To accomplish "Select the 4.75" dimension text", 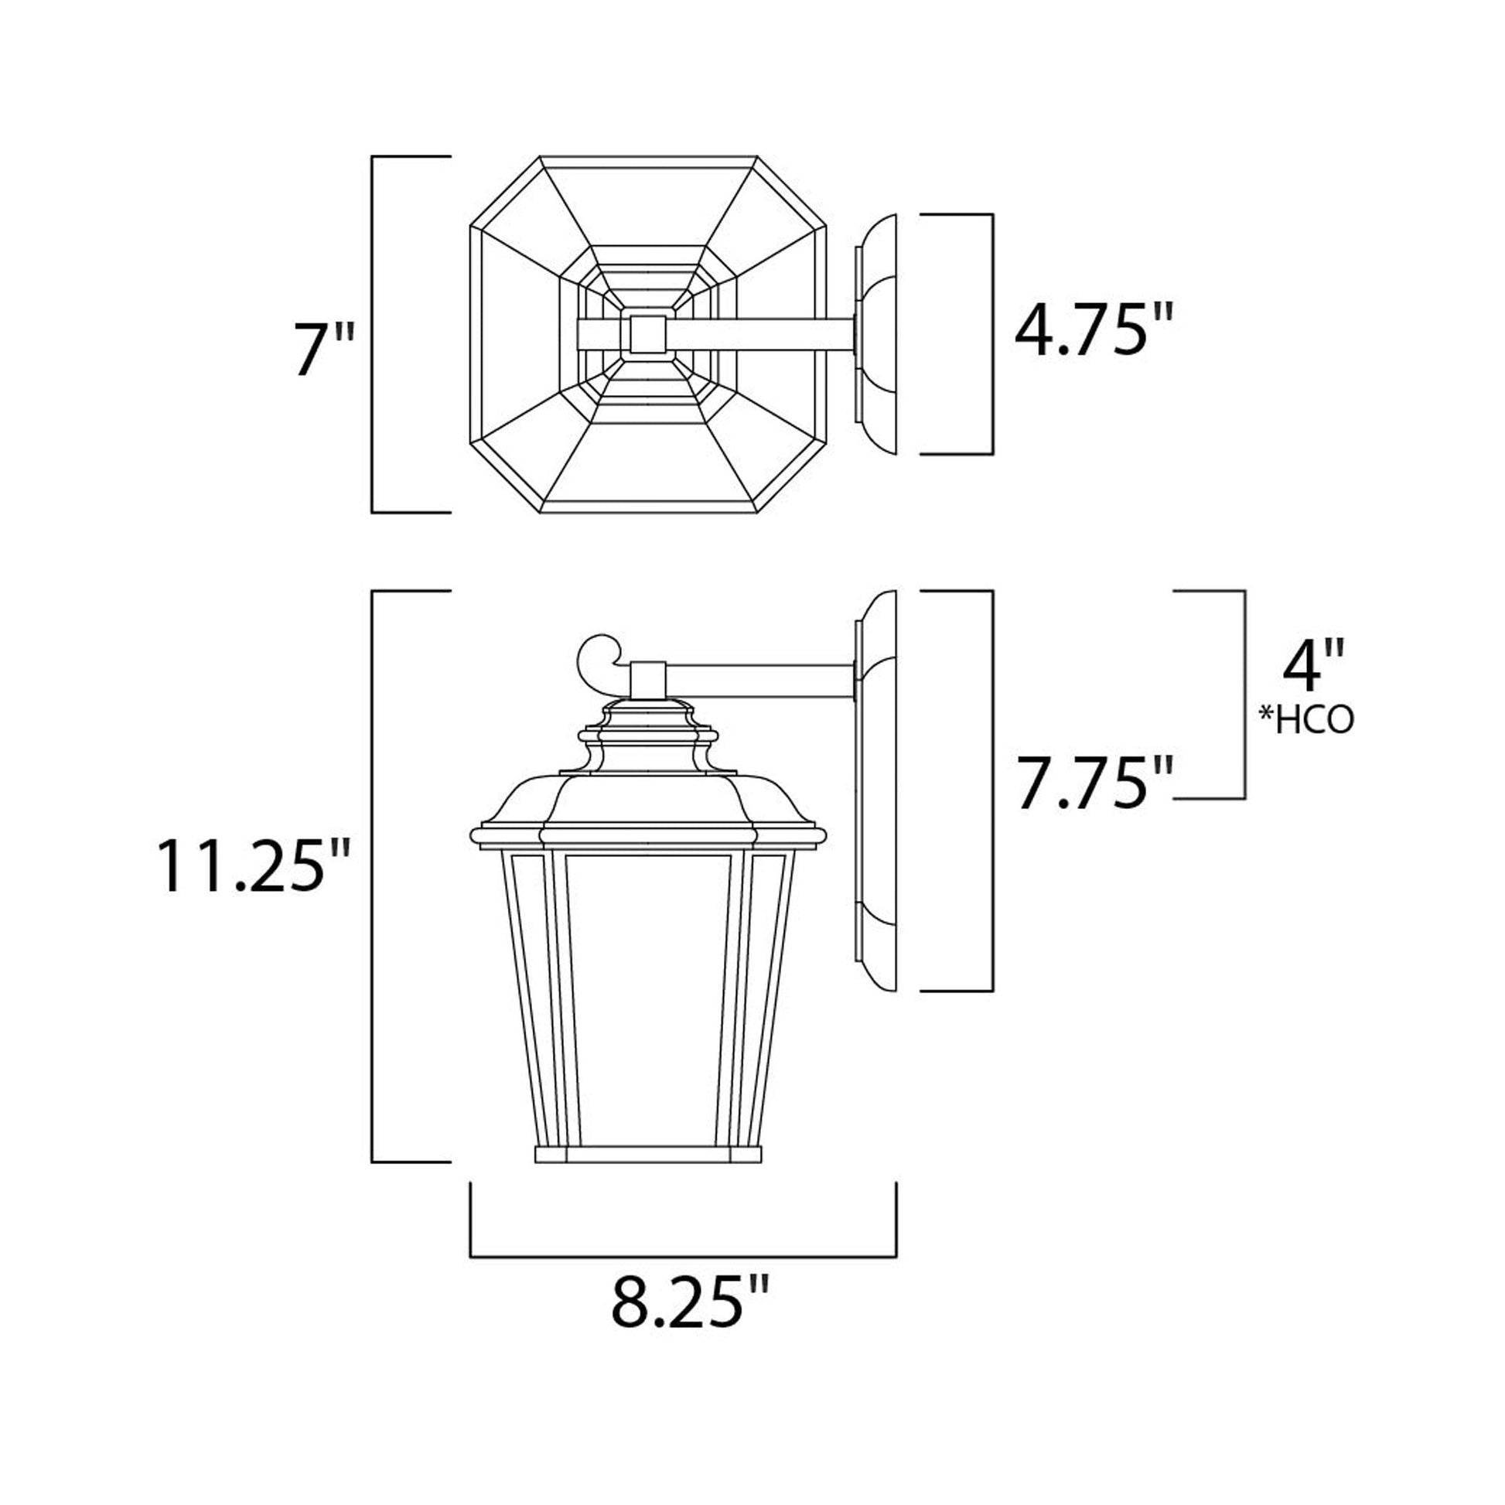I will click(1093, 330).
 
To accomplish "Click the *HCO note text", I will click(1307, 722).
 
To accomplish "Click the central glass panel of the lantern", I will click(648, 1005).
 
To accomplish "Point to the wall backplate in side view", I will click(875, 790).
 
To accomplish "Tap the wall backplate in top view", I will click(877, 335).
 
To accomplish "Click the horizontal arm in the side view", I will click(759, 681).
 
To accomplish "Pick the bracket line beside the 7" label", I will click(372, 335).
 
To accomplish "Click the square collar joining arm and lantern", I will click(648, 679).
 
